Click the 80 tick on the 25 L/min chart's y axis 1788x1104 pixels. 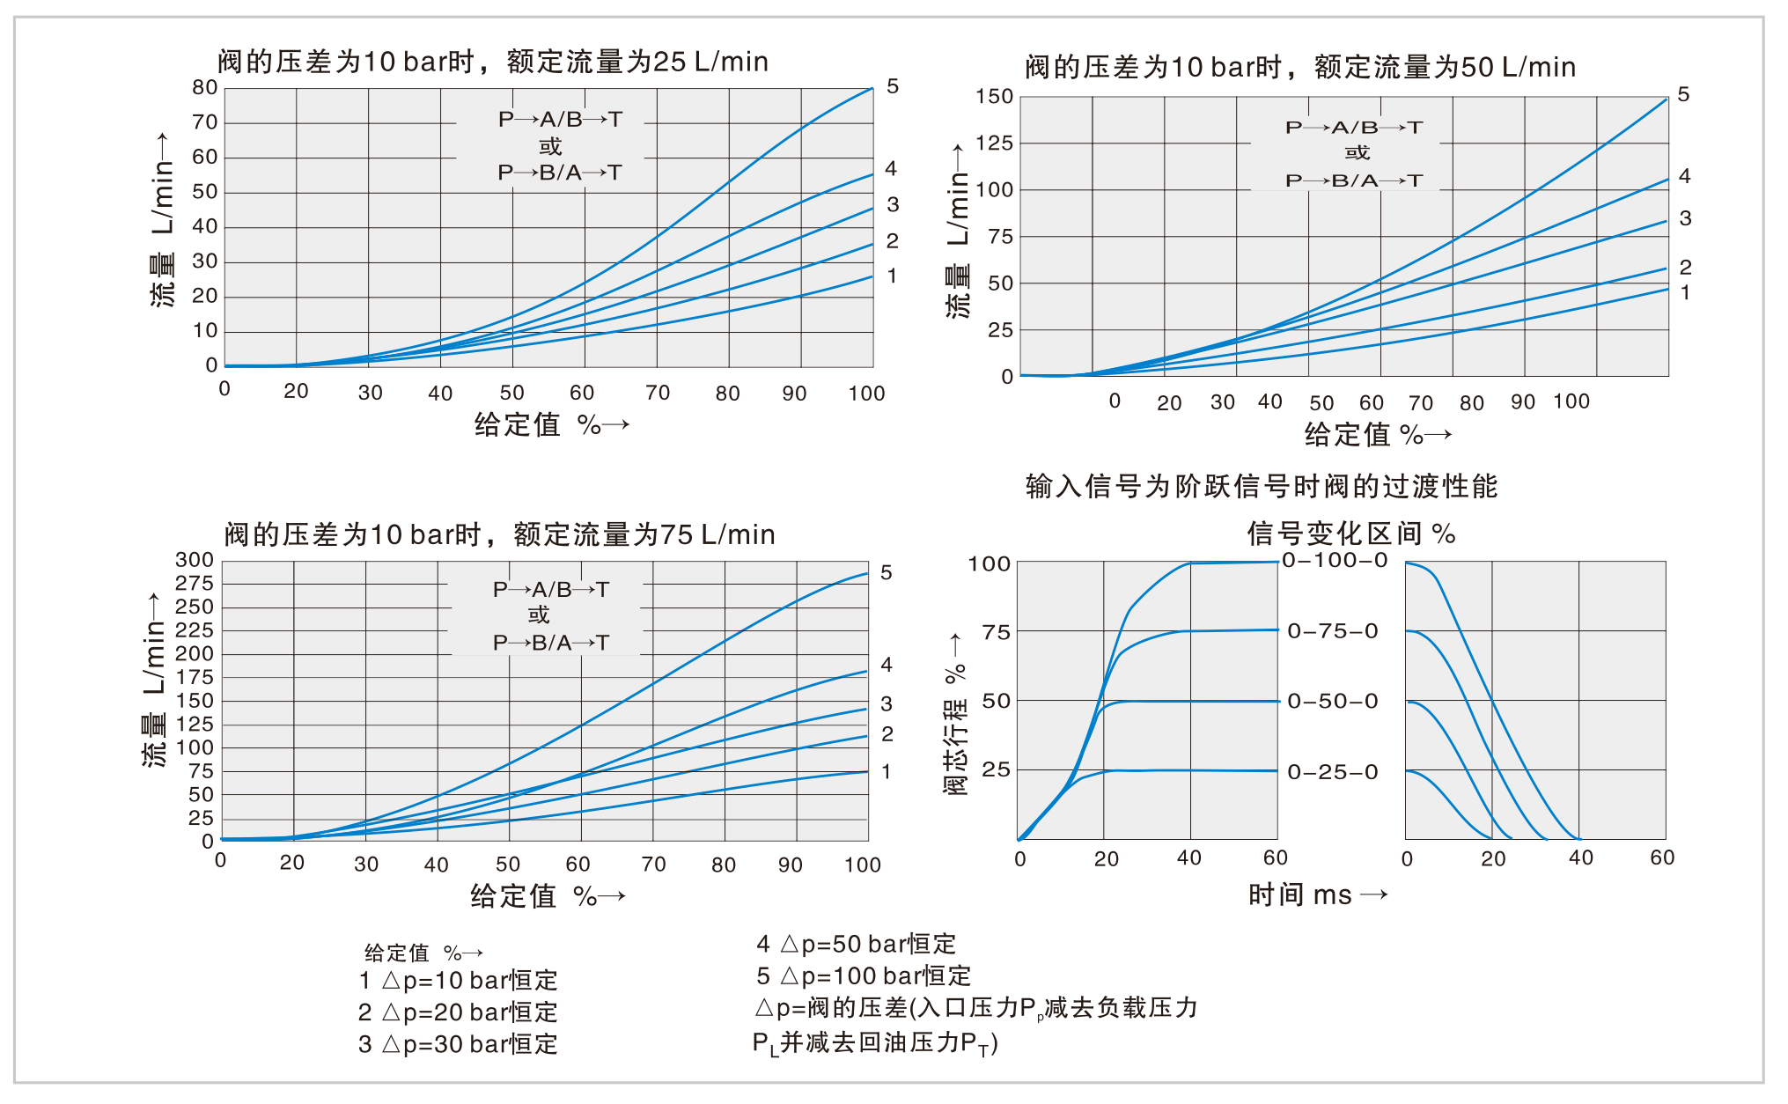[204, 87]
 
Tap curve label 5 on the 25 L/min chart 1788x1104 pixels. [893, 86]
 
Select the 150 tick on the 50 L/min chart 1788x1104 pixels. [994, 96]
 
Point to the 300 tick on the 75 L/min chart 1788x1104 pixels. [195, 560]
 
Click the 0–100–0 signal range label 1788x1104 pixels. [1335, 561]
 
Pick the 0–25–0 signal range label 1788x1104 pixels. [1333, 772]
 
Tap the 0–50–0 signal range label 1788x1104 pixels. [1333, 702]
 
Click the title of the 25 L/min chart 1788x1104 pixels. [493, 62]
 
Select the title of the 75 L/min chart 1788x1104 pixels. [499, 534]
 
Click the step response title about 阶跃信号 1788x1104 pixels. [1261, 486]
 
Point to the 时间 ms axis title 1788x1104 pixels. [1317, 895]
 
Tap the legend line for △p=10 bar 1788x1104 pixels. [458, 980]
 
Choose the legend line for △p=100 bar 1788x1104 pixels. [863, 975]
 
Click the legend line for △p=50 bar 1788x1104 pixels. [856, 944]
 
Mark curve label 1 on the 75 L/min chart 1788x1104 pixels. [887, 772]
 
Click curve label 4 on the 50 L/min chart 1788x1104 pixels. [1684, 176]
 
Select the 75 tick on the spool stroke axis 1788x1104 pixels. [996, 632]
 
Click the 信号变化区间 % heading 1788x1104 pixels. [1350, 534]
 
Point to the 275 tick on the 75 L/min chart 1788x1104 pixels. [195, 584]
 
